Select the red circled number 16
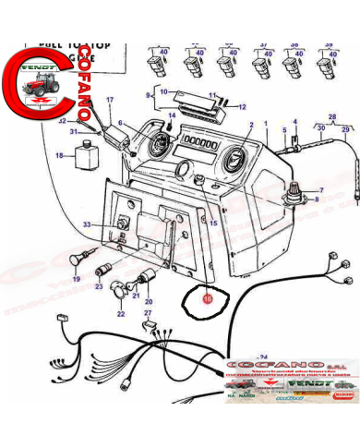tap(207, 298)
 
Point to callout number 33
tap(86, 225)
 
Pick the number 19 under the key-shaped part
tap(77, 277)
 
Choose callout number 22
tap(120, 314)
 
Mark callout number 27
tap(147, 314)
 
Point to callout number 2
tap(250, 124)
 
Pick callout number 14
tap(171, 115)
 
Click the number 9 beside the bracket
tap(147, 95)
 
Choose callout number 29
tap(346, 130)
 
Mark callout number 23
tap(99, 286)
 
